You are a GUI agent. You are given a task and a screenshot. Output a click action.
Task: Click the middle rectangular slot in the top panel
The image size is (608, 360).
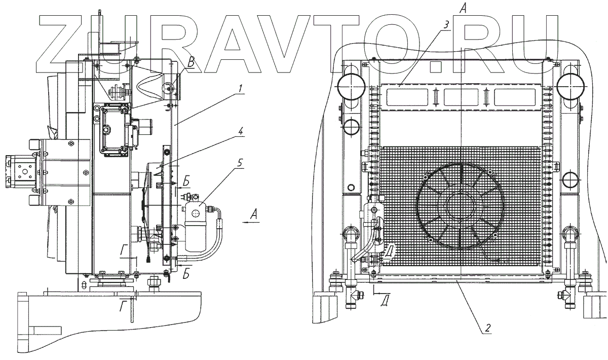460,97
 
